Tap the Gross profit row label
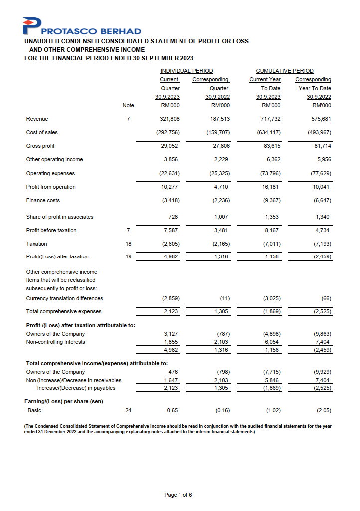(40, 146)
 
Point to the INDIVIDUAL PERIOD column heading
(186, 71)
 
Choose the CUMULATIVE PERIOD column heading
(285, 71)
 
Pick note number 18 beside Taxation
(128, 244)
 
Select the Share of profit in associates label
(60, 217)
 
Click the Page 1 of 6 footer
(178, 495)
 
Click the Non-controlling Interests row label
(55, 342)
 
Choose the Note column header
(128, 105)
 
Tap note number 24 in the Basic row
(128, 411)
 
